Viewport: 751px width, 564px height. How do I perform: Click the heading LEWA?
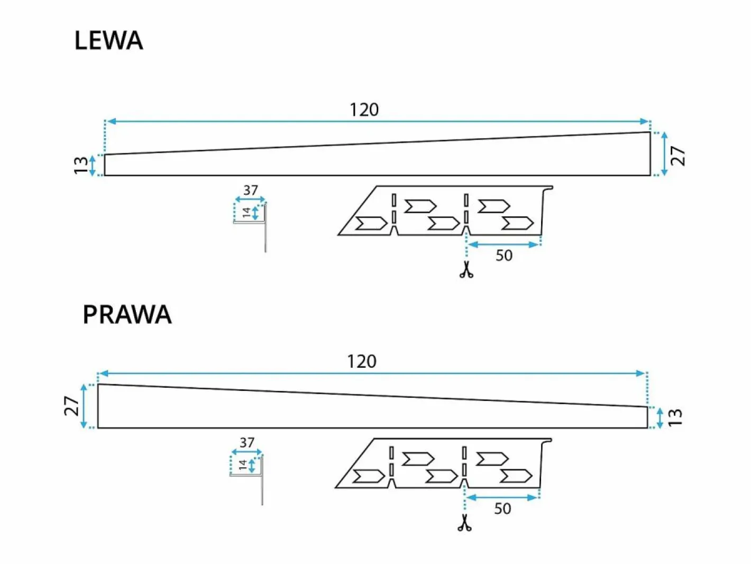pos(108,41)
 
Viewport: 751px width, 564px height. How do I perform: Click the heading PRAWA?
pos(127,314)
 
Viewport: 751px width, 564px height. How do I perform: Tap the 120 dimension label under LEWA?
pos(364,110)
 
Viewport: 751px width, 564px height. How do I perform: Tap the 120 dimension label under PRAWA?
pos(362,361)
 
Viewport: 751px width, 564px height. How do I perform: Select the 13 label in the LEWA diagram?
pos(81,165)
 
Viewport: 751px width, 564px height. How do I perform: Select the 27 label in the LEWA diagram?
pos(678,156)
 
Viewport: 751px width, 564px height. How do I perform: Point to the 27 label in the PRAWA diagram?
pos(71,406)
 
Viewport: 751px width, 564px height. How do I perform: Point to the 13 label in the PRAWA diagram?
pos(675,417)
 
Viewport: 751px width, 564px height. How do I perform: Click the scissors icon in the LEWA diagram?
pos(466,269)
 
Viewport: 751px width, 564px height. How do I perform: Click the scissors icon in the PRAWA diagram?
pos(464,523)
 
